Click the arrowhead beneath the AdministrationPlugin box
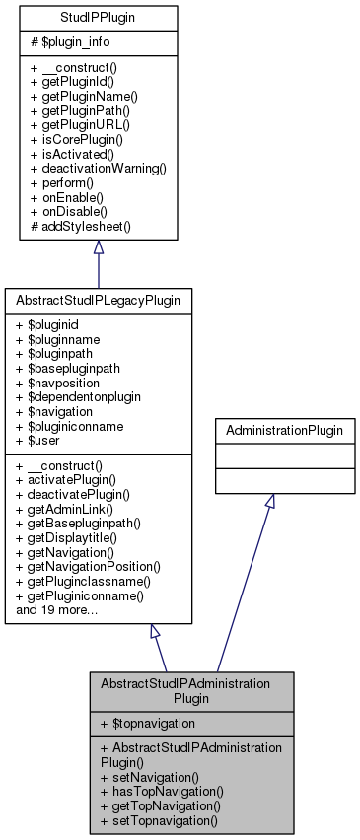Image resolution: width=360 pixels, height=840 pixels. click(x=270, y=501)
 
